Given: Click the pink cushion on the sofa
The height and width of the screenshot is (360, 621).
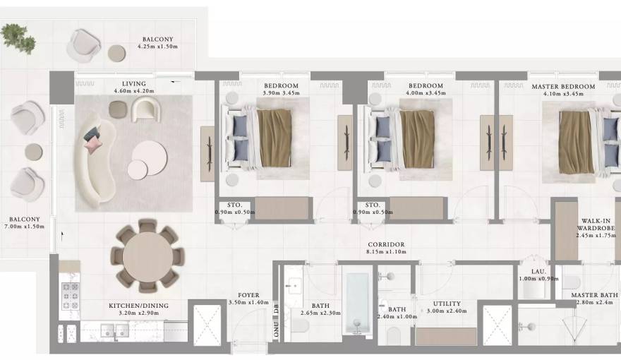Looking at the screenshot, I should [x=94, y=144].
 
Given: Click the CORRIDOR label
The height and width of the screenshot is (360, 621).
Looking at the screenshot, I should [x=385, y=244].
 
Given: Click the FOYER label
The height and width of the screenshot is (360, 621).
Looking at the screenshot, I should [x=248, y=295].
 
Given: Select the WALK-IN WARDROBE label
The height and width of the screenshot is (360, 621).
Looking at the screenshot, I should [x=596, y=224].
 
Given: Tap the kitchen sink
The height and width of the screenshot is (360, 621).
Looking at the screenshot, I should [x=112, y=329].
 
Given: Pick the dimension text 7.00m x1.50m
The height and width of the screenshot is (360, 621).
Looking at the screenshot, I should [x=25, y=227].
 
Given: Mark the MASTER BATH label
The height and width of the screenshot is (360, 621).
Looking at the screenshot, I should [x=594, y=295].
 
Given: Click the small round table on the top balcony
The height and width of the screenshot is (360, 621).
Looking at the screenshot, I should [x=116, y=52].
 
